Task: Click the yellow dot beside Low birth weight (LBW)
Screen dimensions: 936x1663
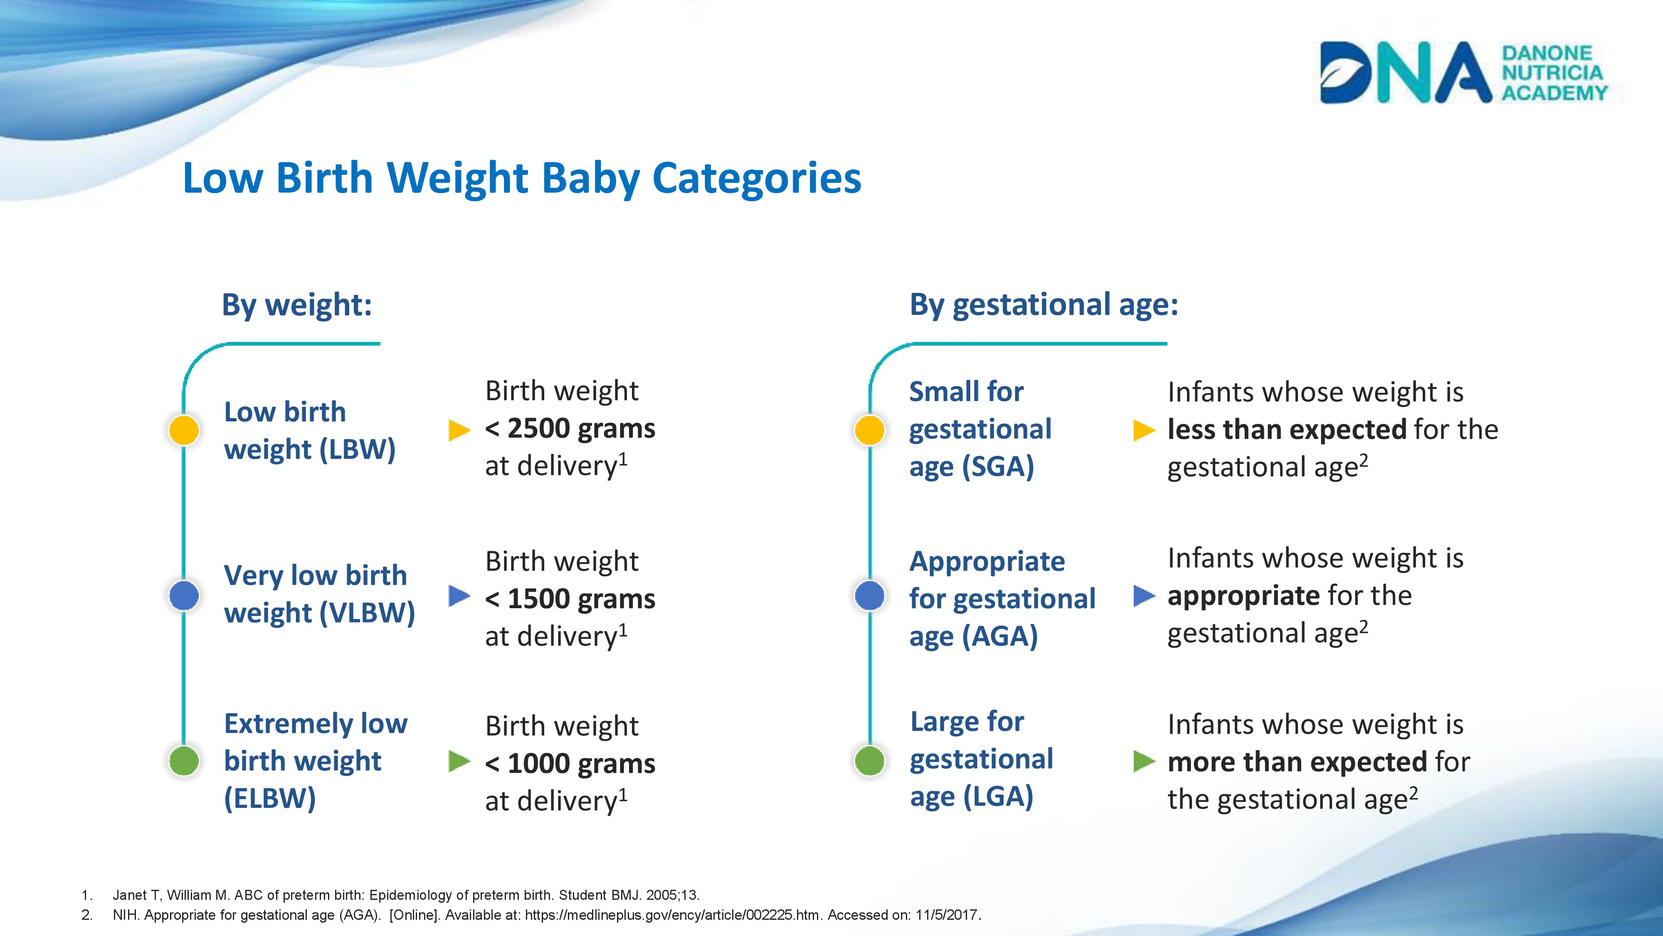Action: tap(184, 430)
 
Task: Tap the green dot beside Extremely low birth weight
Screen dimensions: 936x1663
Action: tap(184, 761)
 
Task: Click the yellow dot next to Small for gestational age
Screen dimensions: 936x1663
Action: tap(870, 430)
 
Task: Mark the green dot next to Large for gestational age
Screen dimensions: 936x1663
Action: tap(870, 761)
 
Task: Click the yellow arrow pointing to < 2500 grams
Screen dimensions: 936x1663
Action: tap(458, 430)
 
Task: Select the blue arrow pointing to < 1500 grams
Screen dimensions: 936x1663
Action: tap(458, 596)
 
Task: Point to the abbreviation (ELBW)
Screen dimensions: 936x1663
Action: tap(270, 798)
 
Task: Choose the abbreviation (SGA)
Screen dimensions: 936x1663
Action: tap(998, 466)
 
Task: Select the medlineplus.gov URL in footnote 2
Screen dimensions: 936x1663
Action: tap(672, 915)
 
